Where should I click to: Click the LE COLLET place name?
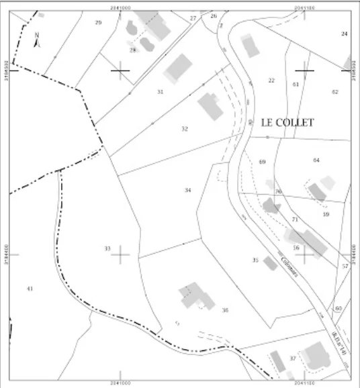coord(287,123)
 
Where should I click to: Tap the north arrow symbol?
coord(37,40)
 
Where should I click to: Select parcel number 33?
coord(107,248)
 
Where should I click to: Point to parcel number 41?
coord(30,288)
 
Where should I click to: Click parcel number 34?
coord(188,191)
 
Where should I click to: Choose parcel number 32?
coord(185,128)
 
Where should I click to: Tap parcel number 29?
coord(98,23)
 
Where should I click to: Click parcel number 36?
coord(226,309)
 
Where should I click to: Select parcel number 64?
coord(316,160)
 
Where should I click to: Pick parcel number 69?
coord(262,162)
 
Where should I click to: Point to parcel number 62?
coord(335,91)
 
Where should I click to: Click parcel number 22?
coord(271,81)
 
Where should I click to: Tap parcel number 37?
coord(293,358)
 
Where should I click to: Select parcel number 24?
coord(345,34)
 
